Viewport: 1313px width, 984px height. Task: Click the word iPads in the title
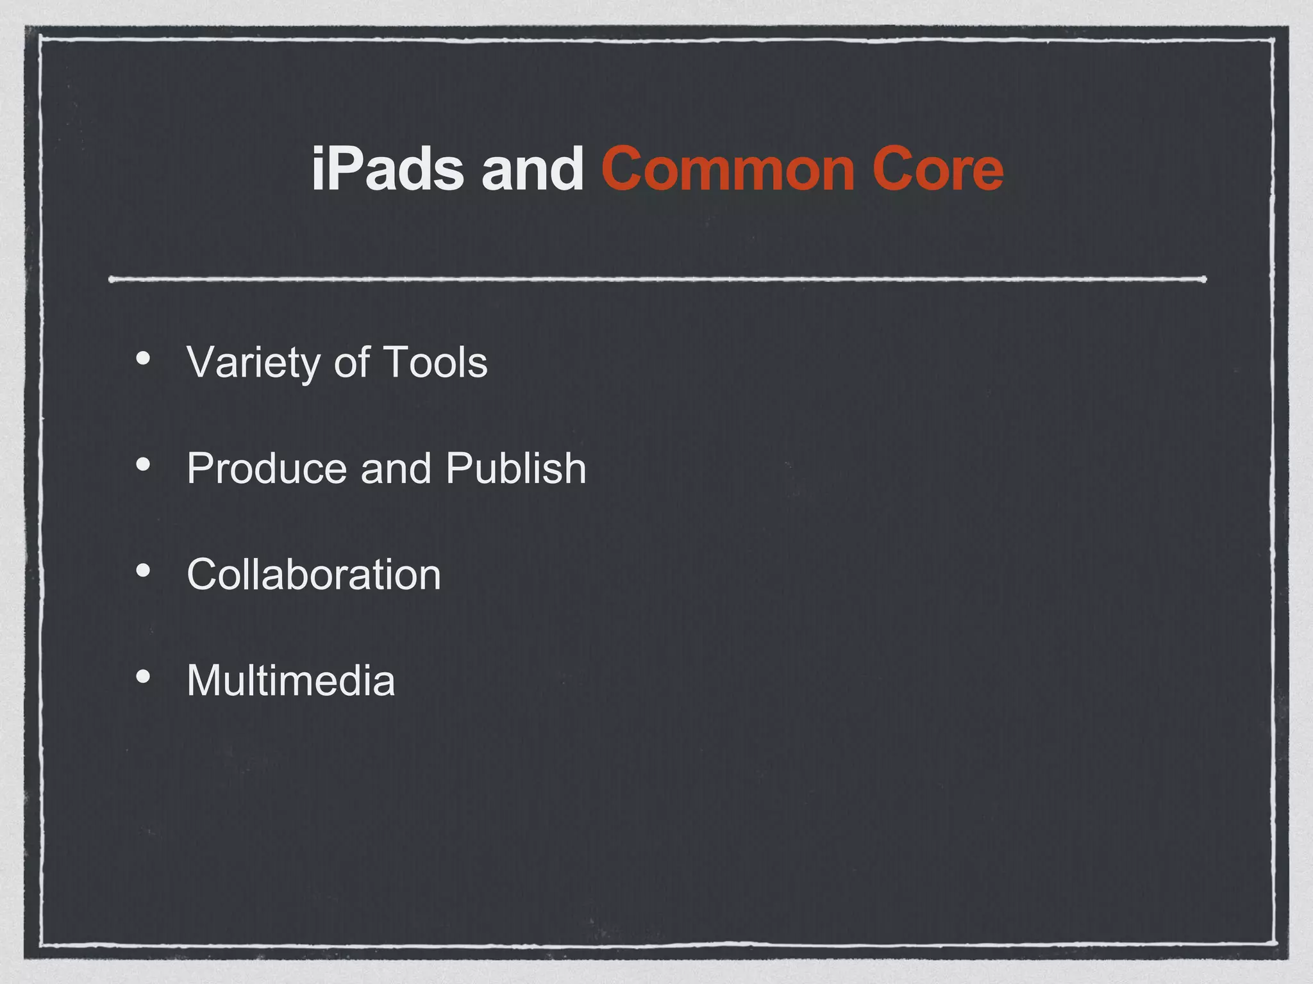click(387, 169)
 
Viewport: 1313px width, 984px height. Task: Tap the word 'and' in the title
click(532, 169)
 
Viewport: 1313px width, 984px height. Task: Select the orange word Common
click(728, 169)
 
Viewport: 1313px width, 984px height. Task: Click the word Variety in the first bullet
click(253, 363)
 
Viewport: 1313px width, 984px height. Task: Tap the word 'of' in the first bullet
click(351, 363)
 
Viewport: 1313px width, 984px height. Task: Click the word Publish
click(515, 468)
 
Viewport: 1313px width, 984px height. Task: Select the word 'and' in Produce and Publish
click(396, 468)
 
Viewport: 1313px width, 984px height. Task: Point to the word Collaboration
click(314, 574)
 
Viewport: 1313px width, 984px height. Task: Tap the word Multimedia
click(290, 680)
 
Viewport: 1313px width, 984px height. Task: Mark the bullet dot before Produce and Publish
click(143, 464)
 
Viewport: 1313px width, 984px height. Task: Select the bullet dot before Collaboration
click(143, 570)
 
